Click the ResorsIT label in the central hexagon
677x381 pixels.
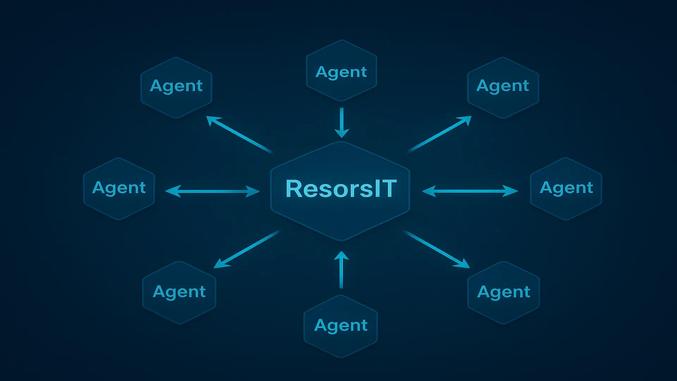point(341,188)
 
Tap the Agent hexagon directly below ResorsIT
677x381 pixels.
point(341,326)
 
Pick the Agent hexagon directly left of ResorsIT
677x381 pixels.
point(119,188)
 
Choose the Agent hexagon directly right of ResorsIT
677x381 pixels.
point(566,188)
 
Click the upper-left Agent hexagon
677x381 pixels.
point(176,87)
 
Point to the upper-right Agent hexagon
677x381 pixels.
point(503,87)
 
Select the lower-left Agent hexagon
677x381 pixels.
point(179,292)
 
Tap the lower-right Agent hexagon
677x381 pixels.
point(504,292)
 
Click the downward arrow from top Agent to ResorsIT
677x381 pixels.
point(341,122)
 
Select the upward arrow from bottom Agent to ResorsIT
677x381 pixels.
point(341,270)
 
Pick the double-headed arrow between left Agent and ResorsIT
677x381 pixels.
point(212,191)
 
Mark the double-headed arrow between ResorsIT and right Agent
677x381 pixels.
point(470,191)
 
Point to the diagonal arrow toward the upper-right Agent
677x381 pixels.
point(439,134)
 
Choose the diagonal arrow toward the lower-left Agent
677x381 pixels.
point(247,249)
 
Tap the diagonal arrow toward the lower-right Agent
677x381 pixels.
point(437,249)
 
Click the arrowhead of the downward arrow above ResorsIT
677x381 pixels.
point(341,133)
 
